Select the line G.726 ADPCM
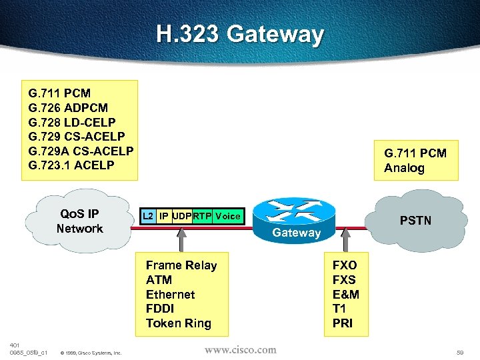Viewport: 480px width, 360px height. pyautogui.click(x=68, y=107)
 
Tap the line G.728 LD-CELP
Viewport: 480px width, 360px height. pyautogui.click(x=72, y=122)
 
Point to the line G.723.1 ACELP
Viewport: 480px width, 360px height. pyautogui.click(x=71, y=165)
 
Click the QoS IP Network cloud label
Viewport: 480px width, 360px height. pyautogui.click(x=79, y=221)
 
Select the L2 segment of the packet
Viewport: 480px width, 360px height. pyautogui.click(x=148, y=216)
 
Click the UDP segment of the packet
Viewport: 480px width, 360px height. pyautogui.click(x=181, y=216)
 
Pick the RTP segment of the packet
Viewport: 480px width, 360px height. pyautogui.click(x=201, y=216)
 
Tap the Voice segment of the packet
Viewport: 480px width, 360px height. pyautogui.click(x=228, y=216)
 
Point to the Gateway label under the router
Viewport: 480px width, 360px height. pyautogui.click(x=297, y=233)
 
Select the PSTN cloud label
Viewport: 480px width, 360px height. pyautogui.click(x=415, y=220)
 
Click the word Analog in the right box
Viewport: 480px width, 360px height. pyautogui.click(x=404, y=168)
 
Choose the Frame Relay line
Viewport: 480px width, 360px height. pyautogui.click(x=181, y=265)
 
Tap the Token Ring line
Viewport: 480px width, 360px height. pyautogui.click(x=178, y=323)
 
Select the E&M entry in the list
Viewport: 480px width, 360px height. pyautogui.click(x=345, y=295)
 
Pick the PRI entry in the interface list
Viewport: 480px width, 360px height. pyautogui.click(x=343, y=324)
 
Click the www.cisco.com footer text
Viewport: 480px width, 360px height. pyautogui.click(x=240, y=349)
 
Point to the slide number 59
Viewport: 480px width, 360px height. pyautogui.click(x=460, y=351)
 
